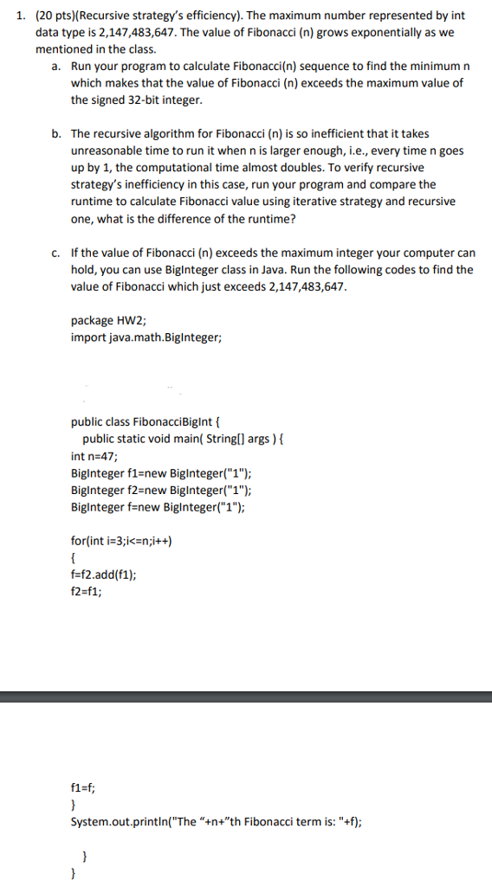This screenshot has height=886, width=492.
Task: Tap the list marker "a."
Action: click(55, 67)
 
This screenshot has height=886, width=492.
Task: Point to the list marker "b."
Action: click(55, 134)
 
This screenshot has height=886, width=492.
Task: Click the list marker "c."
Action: click(55, 253)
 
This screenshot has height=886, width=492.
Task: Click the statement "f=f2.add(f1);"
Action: click(103, 575)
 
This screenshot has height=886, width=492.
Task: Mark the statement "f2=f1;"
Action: click(86, 591)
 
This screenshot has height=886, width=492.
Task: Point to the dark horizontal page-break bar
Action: click(246, 697)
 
